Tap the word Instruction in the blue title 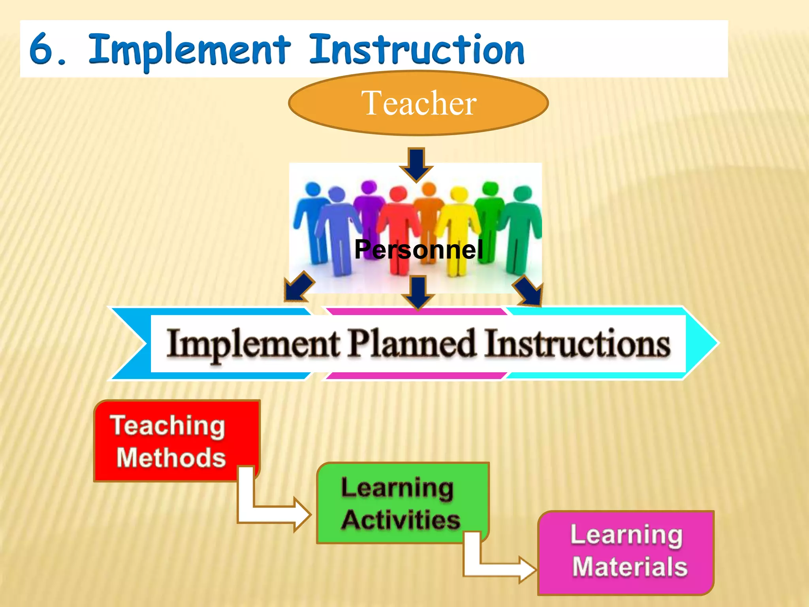tap(417, 51)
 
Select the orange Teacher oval tap(418, 103)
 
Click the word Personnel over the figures tap(419, 249)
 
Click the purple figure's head tap(369, 187)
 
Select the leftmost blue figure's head tap(313, 189)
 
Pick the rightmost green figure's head tap(522, 193)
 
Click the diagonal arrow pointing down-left tap(298, 287)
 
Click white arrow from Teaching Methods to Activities tap(273, 514)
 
